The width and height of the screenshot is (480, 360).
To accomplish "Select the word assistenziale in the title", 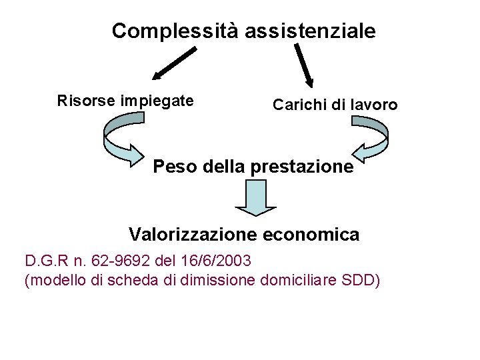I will pos(310,31).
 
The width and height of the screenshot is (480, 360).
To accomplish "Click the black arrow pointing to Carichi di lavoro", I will pos(304,65).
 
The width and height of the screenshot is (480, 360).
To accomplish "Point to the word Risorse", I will pos(86,101).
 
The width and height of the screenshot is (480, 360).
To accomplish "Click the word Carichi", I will pos(297,105).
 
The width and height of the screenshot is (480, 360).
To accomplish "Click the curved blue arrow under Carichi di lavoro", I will pos(370,139).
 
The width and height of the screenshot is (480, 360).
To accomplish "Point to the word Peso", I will pos(174,167).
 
